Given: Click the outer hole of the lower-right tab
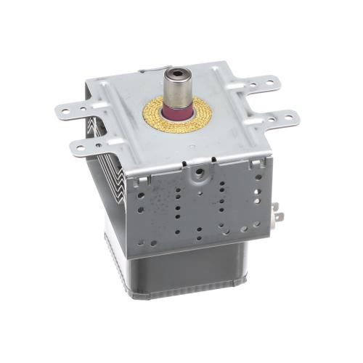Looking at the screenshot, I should click(x=290, y=116).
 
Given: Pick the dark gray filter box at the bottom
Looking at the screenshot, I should click(x=181, y=269).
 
